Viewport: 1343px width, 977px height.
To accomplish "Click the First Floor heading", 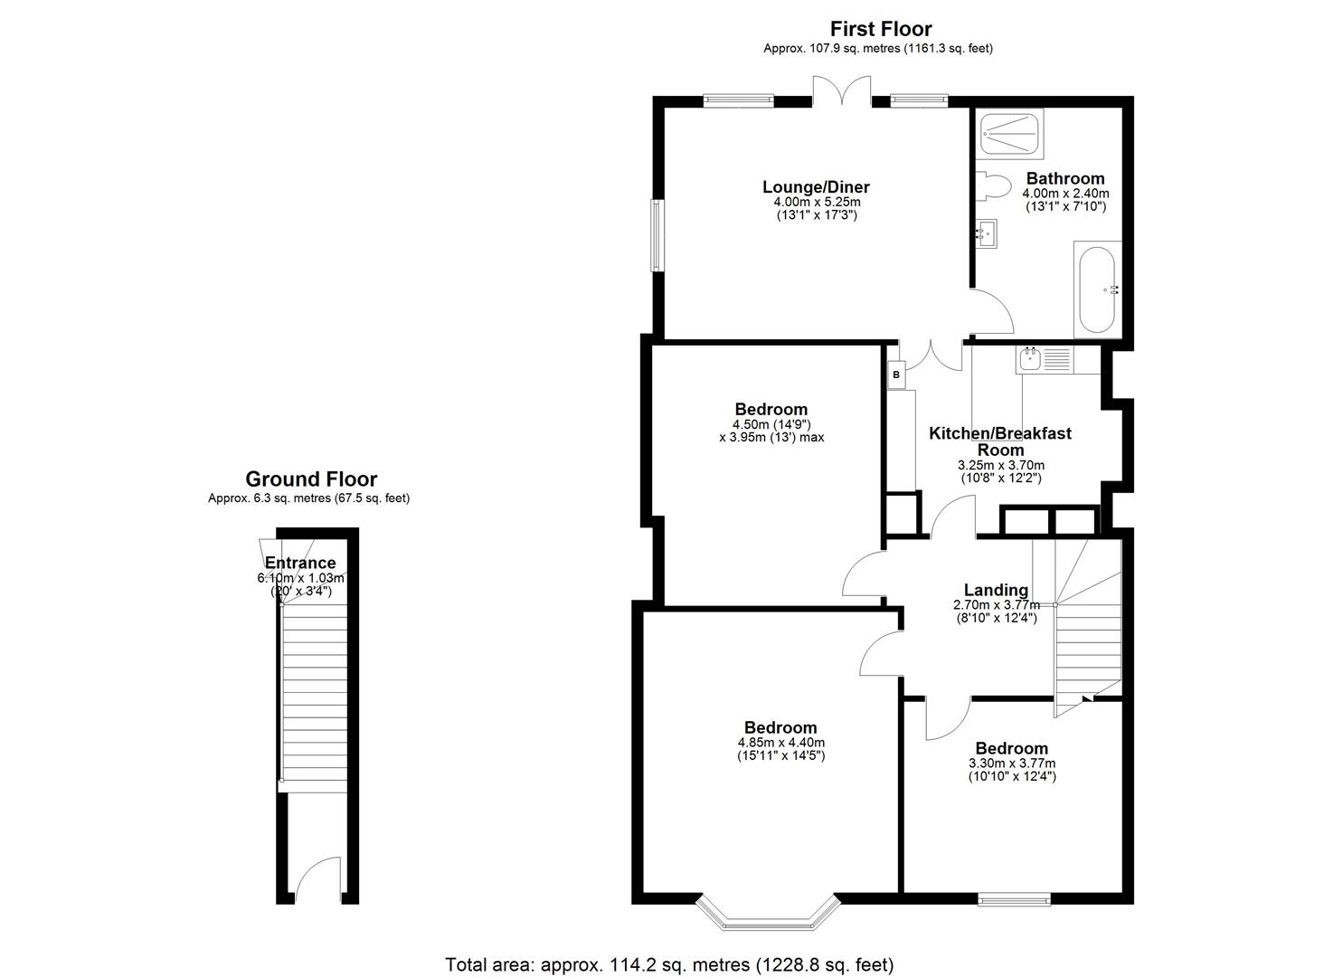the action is click(x=881, y=29).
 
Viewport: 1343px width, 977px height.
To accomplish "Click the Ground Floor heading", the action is click(x=311, y=479).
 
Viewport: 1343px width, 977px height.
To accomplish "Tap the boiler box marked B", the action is click(x=896, y=375).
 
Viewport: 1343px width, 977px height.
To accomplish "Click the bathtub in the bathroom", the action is click(x=1097, y=289).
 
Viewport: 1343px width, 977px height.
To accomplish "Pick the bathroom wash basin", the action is click(x=987, y=234).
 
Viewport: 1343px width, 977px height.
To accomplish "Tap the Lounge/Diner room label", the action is click(x=816, y=187).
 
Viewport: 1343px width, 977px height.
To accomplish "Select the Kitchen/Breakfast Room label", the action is click(x=1000, y=441).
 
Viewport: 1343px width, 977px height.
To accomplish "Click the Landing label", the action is click(x=996, y=590).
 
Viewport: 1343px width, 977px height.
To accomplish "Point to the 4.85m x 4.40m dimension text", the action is click(x=781, y=743).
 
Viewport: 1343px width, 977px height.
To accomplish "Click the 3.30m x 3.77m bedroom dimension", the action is click(x=1012, y=764).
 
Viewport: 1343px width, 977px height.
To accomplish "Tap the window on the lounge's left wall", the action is click(x=657, y=235).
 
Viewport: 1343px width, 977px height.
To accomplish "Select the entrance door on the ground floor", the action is click(x=317, y=879).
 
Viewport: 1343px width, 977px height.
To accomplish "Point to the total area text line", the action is click(x=669, y=965).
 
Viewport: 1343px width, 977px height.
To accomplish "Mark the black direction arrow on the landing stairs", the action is click(x=1087, y=697).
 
